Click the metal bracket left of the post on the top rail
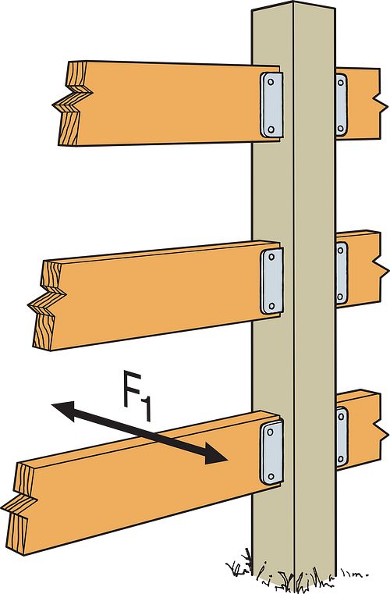point(270,104)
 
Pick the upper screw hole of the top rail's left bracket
point(271,81)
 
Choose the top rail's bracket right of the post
point(341,104)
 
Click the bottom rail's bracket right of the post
point(341,436)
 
